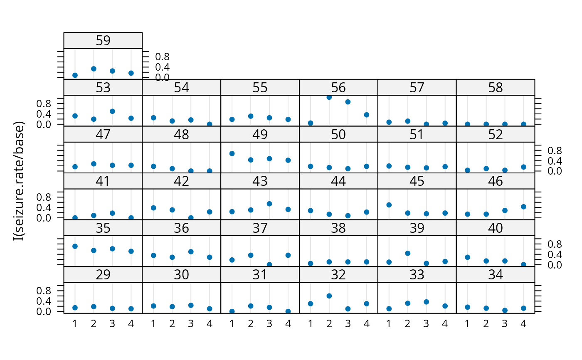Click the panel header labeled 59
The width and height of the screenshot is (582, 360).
coord(103,41)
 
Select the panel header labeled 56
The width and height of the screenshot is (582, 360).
coord(338,88)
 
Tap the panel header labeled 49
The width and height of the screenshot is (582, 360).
coord(260,135)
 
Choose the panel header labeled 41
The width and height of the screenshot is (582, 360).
coord(103,181)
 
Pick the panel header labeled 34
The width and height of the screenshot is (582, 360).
coord(495,275)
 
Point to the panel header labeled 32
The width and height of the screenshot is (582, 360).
coord(338,275)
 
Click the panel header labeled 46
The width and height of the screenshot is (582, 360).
coord(495,181)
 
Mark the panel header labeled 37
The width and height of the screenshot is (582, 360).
coord(260,228)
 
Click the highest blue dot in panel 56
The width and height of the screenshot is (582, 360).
coord(329,97)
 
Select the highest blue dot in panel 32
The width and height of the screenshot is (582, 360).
coord(329,296)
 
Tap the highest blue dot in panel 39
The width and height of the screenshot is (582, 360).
coord(407,253)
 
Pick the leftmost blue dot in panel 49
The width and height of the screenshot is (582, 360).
coord(232,153)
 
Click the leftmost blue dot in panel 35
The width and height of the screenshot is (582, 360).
coord(75,246)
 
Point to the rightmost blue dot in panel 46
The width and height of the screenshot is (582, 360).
coord(523,207)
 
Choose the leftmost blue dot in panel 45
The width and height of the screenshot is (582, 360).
coord(389,205)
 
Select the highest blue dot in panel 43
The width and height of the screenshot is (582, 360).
coord(269,204)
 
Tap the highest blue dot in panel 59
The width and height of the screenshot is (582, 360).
coord(94,69)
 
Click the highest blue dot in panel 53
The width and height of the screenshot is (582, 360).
coord(112,111)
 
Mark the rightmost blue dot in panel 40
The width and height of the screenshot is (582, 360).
coord(523,264)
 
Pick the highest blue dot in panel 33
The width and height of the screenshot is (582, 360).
coord(426,302)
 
